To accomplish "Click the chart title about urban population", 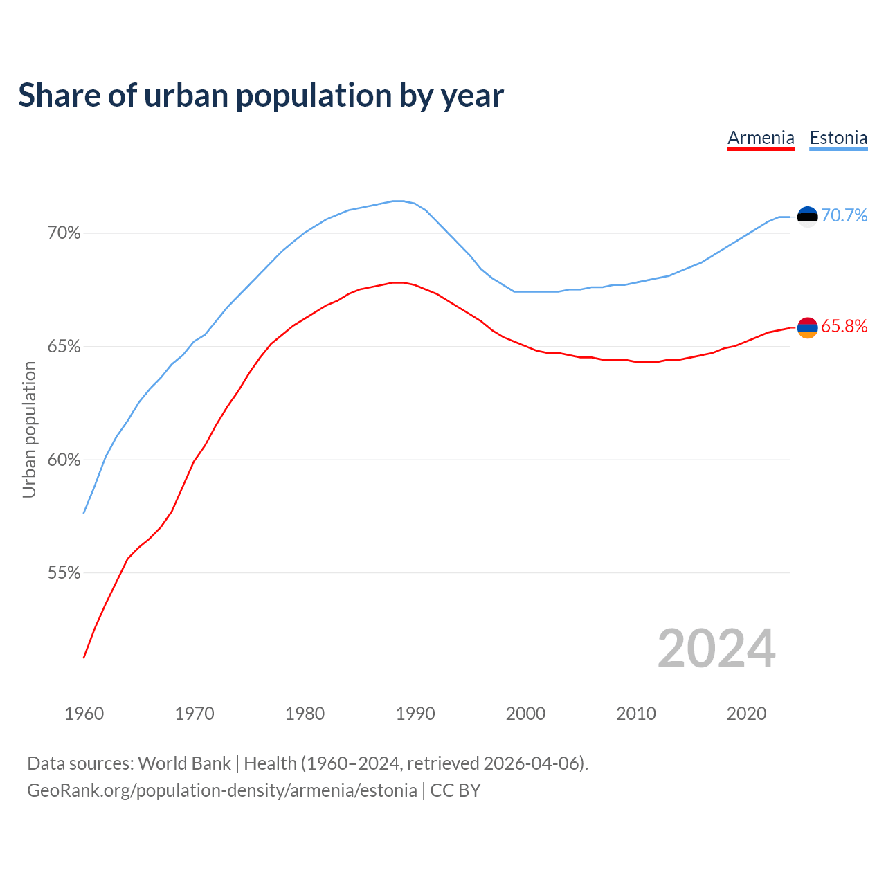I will click(261, 96).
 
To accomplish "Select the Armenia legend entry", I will click(761, 138).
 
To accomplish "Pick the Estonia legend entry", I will click(838, 138).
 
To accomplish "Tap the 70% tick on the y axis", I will click(64, 233).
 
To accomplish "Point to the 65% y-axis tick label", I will click(64, 347).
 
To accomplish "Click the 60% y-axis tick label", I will click(64, 460).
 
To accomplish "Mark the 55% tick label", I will click(64, 573).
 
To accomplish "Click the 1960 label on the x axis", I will click(84, 714).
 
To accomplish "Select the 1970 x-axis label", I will click(195, 714).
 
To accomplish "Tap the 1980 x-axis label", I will click(305, 714).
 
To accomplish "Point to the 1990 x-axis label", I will click(415, 714).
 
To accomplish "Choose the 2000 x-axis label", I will click(525, 714).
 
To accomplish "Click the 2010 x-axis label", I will click(636, 714).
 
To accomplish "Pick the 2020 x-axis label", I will click(746, 714).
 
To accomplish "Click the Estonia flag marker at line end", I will click(807, 217).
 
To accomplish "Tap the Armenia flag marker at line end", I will click(807, 327).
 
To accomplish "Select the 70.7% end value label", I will click(844, 216).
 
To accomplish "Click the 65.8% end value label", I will click(844, 327).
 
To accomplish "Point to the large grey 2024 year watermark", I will click(716, 649).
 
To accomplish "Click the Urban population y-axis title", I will click(29, 429).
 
